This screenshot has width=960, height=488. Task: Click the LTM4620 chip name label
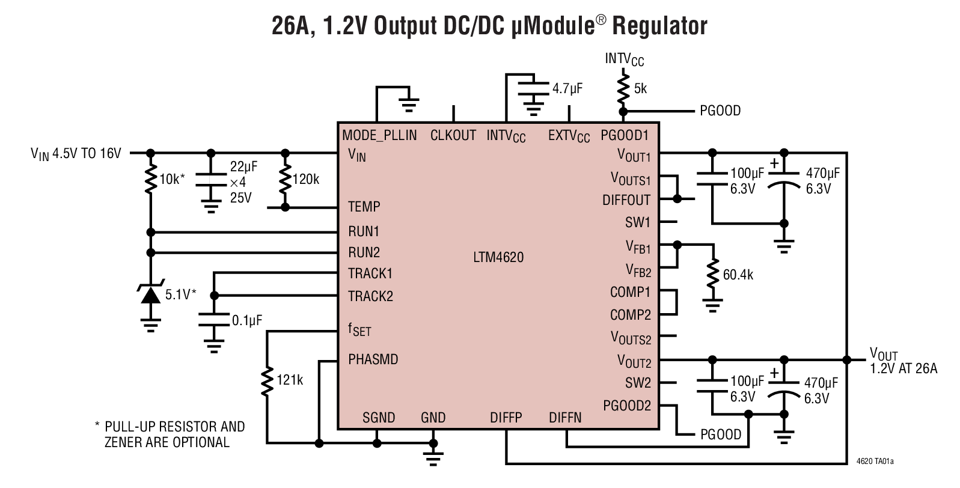[498, 258]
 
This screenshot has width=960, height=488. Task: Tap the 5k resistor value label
[641, 88]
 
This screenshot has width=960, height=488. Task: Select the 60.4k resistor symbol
[712, 274]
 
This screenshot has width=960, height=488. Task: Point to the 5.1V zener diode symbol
[150, 294]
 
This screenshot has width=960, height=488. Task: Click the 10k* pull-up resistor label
[173, 178]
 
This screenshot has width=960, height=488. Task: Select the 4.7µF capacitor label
[567, 89]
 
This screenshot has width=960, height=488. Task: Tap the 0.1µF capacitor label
[247, 320]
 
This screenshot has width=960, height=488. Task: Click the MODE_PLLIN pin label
[379, 135]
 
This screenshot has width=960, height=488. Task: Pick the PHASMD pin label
[373, 359]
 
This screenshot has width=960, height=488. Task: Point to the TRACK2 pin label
[370, 296]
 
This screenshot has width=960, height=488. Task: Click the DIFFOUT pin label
[626, 200]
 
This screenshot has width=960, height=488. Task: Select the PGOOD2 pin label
[627, 405]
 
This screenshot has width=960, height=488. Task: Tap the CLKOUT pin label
[453, 135]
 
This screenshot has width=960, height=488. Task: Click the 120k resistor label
[306, 179]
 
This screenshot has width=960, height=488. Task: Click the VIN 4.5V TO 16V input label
[76, 154]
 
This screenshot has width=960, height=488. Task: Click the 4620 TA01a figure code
[875, 462]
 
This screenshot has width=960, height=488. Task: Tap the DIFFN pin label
[565, 418]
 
